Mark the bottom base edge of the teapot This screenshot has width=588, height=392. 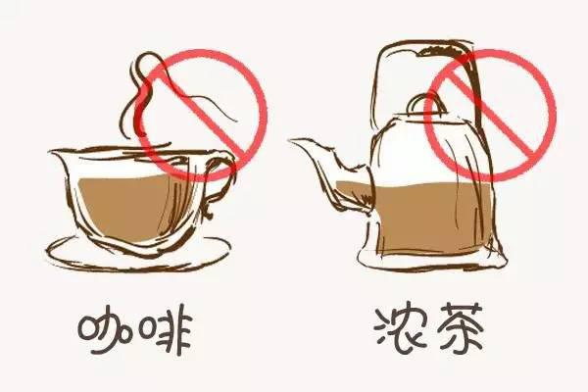point(431,263)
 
